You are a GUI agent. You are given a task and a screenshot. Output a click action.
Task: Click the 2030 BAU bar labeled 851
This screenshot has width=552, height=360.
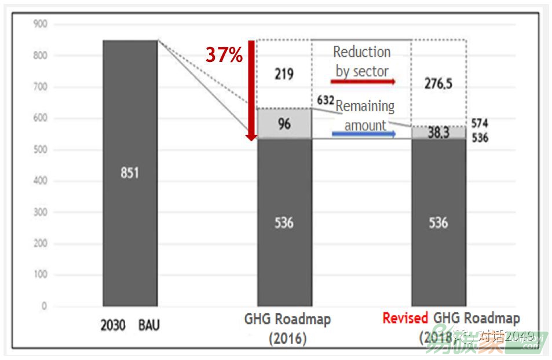(x=130, y=173)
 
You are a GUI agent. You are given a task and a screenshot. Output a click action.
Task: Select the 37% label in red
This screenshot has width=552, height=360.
(x=224, y=55)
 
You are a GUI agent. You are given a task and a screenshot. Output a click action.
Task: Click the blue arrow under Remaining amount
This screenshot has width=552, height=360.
(x=364, y=134)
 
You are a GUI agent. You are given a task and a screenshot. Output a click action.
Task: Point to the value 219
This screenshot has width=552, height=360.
(x=284, y=74)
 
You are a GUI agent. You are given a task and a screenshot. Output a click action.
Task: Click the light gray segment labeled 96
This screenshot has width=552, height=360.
(x=284, y=123)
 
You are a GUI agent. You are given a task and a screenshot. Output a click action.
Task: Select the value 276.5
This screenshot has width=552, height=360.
(x=438, y=83)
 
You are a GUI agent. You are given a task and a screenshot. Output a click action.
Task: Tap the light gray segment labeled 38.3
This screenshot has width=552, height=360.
(x=438, y=133)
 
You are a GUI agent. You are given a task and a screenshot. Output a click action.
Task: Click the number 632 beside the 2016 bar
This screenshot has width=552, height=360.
(x=326, y=101)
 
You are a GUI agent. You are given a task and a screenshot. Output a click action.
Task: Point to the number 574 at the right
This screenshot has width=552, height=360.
(x=480, y=123)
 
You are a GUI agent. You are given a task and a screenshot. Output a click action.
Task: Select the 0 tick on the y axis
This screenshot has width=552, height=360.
(x=44, y=306)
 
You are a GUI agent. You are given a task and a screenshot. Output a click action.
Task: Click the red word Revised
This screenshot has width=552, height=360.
(x=405, y=318)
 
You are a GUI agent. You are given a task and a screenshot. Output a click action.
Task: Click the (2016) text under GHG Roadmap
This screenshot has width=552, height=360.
(x=287, y=337)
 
